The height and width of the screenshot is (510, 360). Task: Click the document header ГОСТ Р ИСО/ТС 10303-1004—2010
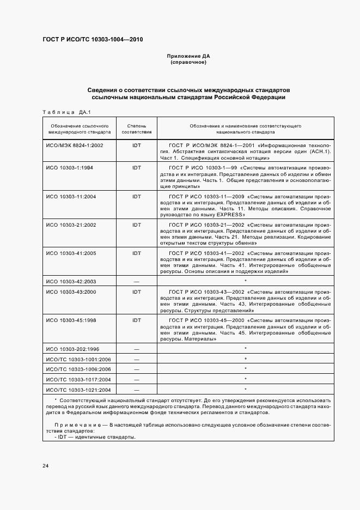coord(93,40)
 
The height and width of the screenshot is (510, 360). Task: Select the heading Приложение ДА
coord(188,56)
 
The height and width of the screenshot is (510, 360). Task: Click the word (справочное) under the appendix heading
coord(188,63)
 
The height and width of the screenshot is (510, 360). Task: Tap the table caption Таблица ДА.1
coord(66,112)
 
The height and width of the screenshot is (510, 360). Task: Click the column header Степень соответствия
coord(136,129)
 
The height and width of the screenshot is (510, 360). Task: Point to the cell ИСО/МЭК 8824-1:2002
coord(75,146)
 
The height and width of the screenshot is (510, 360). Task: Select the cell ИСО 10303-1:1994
coord(70,168)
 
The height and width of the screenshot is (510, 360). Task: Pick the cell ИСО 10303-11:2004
coord(71,196)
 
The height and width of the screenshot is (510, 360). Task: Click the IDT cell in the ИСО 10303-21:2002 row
coord(136,224)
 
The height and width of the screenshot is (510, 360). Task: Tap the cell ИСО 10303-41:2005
coord(71,253)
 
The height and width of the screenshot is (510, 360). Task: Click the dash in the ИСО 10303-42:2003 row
coord(136,281)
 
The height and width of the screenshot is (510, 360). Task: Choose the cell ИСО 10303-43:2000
coord(71,292)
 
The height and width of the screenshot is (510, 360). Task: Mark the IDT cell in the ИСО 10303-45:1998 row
coord(136,320)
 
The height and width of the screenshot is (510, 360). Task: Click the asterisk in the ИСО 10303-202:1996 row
coord(246,349)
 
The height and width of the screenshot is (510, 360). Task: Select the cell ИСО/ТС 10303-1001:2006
coord(78,359)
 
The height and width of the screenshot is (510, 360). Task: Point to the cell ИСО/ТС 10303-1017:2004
coord(78,379)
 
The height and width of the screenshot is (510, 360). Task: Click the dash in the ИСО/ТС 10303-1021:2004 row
coord(136,390)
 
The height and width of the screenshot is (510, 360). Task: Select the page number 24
coord(46,466)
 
